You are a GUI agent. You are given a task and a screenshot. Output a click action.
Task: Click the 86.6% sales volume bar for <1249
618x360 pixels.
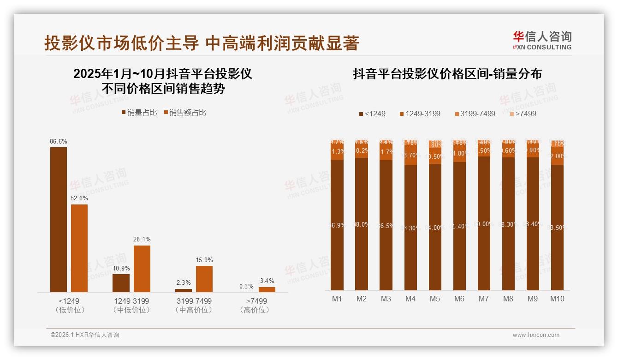(x=59, y=219)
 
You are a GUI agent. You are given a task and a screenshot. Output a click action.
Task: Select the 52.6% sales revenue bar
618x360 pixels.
(x=79, y=248)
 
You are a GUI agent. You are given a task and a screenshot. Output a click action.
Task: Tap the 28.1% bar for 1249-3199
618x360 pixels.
(x=142, y=269)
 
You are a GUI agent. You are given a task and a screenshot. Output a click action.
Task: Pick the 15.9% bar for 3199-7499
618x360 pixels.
(x=204, y=279)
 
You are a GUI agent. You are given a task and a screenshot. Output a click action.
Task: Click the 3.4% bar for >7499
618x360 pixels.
(x=267, y=289)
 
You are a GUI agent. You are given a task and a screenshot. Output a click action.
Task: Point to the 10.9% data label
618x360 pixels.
(x=121, y=268)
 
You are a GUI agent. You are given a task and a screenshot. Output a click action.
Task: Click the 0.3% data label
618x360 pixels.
(x=246, y=286)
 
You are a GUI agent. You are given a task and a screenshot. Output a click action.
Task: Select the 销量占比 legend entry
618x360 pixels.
(x=139, y=113)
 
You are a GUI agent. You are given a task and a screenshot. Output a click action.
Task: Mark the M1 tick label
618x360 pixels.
(x=337, y=299)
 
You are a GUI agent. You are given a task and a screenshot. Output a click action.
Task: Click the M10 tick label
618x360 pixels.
(x=557, y=299)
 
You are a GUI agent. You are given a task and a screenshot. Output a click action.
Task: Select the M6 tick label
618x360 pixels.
(x=459, y=299)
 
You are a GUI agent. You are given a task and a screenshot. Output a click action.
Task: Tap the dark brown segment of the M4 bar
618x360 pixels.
(x=410, y=228)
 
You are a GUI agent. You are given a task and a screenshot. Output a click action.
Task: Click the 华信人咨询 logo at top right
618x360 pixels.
(x=542, y=41)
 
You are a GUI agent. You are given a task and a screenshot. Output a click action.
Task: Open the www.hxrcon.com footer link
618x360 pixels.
(x=535, y=335)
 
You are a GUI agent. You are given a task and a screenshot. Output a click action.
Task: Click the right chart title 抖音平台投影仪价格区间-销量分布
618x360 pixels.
(x=447, y=74)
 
